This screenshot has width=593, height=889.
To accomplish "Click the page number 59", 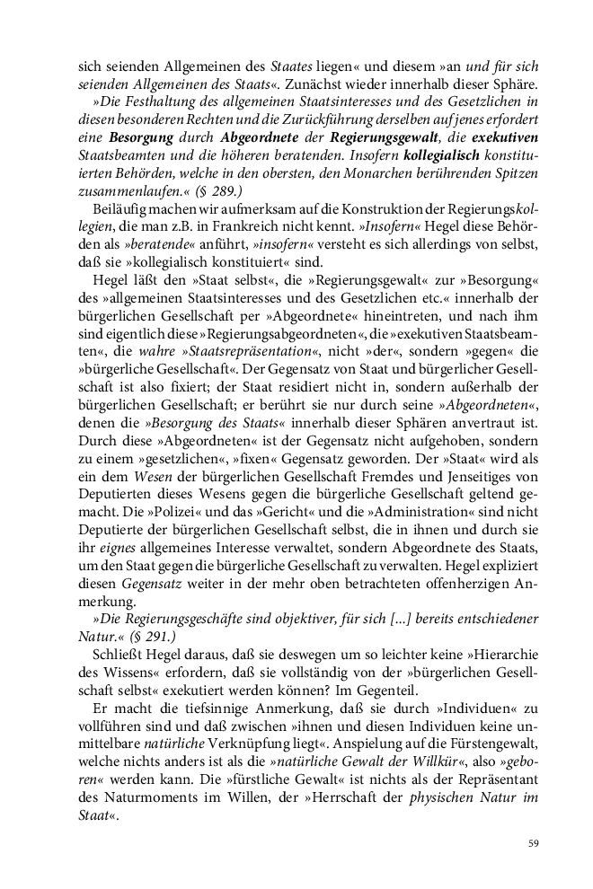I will point(533,843).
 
